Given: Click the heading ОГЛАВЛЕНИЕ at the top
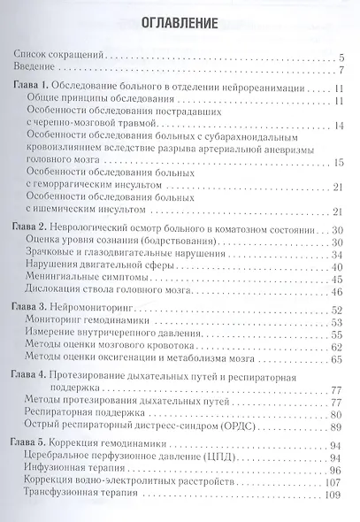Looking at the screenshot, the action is [x=180, y=19].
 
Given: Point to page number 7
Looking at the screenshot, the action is [x=340, y=70].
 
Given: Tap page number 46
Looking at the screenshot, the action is [x=337, y=293].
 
